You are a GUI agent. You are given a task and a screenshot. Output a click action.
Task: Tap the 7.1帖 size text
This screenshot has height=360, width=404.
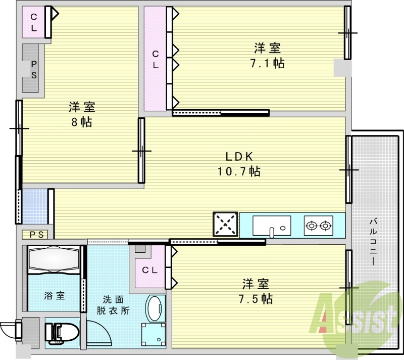click(x=268, y=63)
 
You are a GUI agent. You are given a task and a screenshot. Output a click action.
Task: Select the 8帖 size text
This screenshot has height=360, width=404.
click(x=82, y=122)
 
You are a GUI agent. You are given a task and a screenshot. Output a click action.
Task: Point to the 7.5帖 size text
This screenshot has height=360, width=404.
click(x=256, y=298)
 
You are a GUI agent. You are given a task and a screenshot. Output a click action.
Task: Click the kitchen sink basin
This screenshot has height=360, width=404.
click(x=272, y=225)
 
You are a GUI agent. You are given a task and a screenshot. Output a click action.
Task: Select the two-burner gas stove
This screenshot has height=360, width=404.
click(x=319, y=226)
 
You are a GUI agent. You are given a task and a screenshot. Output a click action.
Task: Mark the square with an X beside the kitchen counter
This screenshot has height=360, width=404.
click(x=225, y=224)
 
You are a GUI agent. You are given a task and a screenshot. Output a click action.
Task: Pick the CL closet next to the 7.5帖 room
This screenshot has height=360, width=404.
click(x=149, y=269)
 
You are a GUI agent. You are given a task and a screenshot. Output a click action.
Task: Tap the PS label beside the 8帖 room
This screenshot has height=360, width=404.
click(x=34, y=70)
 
